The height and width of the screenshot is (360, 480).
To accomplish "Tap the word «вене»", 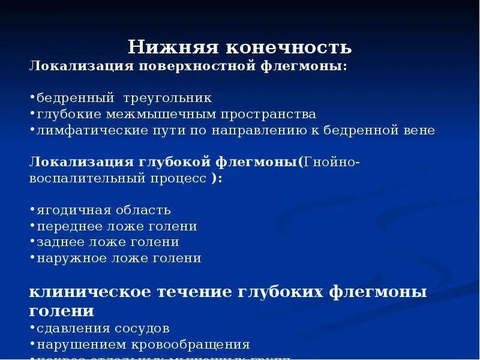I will [418, 130].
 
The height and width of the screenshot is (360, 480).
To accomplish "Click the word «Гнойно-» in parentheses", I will [332, 162].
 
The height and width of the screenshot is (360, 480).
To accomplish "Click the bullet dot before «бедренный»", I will [32, 97].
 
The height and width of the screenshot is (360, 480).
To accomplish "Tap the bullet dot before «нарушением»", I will [32, 344].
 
